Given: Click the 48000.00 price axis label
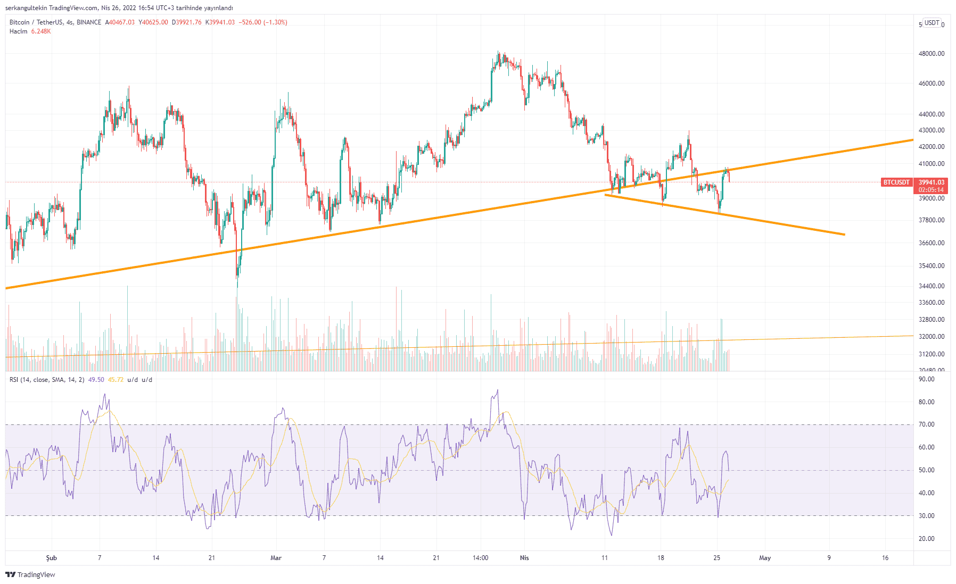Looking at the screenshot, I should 931,54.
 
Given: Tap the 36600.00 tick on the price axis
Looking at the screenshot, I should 931,243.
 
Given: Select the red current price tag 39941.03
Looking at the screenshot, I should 931,182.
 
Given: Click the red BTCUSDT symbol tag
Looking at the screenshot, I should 896,182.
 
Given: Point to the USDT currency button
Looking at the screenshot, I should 932,23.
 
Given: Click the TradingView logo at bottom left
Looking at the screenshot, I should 30,574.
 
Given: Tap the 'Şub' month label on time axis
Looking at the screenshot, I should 51,558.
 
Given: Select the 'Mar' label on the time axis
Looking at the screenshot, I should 276,558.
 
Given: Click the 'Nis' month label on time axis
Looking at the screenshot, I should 524,558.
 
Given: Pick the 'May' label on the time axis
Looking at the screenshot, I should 765,558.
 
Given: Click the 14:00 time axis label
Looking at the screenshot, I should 480,558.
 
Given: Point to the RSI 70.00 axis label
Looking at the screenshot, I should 927,424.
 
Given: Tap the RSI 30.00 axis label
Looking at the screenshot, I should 927,516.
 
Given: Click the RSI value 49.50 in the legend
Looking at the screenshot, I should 96,380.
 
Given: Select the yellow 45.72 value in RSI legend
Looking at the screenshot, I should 116,380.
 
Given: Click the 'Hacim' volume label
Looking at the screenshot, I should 18,31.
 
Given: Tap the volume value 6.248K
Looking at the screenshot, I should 41,31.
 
